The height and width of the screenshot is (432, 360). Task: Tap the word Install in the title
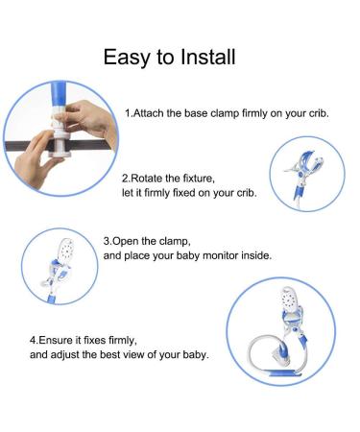pos(208,57)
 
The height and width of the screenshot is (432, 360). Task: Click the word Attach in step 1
pos(149,113)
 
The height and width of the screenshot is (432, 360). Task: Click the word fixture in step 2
pos(199,178)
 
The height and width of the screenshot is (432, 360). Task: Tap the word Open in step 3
pos(126,241)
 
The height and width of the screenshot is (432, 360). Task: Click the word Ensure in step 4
pos(56,340)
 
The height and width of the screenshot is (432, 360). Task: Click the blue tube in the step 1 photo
pos(58,96)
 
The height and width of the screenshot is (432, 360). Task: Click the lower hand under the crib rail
pos(36,160)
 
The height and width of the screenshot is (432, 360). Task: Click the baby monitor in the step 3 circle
pos(66,251)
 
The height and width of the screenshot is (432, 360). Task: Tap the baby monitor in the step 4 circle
pos(291,300)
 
